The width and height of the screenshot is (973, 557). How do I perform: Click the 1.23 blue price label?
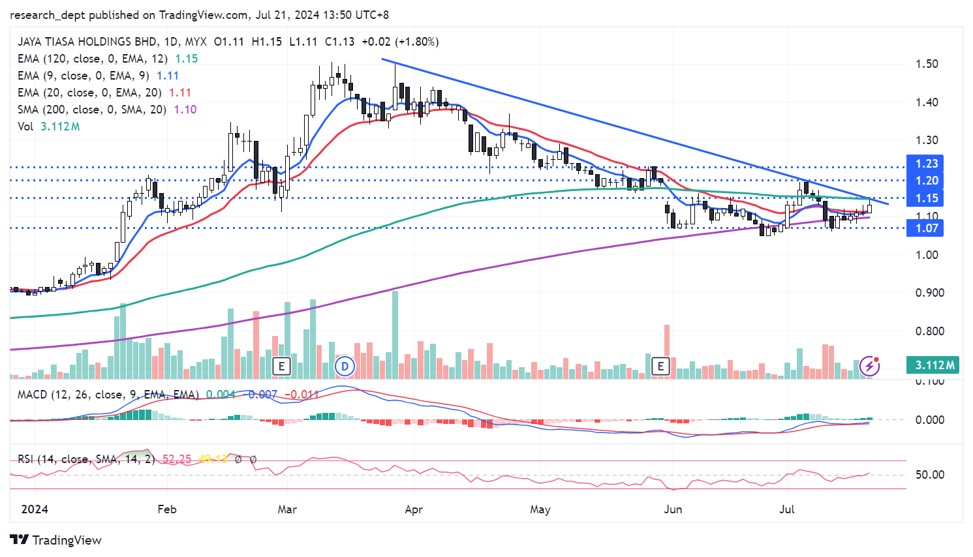[926, 164]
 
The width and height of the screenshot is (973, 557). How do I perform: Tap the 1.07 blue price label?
[926, 228]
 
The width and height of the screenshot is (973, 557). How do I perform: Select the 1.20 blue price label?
[926, 181]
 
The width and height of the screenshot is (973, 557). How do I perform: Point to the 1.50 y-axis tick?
[927, 64]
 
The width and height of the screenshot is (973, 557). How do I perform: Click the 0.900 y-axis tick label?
[929, 293]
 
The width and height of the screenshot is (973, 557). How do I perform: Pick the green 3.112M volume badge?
[934, 365]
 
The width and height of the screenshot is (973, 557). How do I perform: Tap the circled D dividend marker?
[345, 366]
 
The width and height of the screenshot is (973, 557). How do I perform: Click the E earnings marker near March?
[281, 366]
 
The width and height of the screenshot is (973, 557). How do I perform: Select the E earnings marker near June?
[660, 366]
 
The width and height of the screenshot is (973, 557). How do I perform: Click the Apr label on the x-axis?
[414, 509]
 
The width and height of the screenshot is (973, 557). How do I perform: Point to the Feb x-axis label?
[167, 509]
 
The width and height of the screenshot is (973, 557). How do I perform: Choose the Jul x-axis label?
[787, 509]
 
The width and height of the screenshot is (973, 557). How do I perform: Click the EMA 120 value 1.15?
[187, 59]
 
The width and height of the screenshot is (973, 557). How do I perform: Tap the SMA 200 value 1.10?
[185, 110]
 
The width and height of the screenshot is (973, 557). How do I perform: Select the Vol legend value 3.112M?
[60, 127]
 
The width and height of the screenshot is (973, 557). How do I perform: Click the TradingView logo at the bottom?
[56, 540]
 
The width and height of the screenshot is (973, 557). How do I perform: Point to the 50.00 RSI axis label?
[929, 475]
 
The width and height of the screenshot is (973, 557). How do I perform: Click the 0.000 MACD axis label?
[929, 420]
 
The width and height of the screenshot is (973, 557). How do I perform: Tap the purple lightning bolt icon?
[869, 366]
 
